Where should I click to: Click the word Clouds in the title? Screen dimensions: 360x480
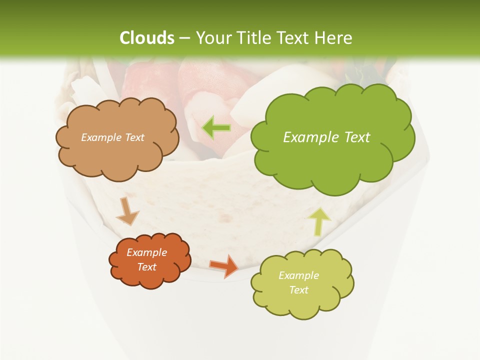tap(146, 38)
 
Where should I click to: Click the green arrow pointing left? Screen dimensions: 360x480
tap(216, 128)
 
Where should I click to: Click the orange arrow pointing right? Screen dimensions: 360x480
tap(224, 265)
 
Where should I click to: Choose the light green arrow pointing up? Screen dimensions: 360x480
tap(319, 221)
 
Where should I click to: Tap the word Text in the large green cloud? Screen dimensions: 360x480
tap(357, 137)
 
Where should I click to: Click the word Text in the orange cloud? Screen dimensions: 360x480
tap(147, 267)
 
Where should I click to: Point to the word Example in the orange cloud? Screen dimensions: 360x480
tap(147, 252)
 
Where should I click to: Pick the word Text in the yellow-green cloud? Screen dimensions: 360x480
tap(298, 290)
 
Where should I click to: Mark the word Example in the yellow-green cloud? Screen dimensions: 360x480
tap(298, 275)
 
